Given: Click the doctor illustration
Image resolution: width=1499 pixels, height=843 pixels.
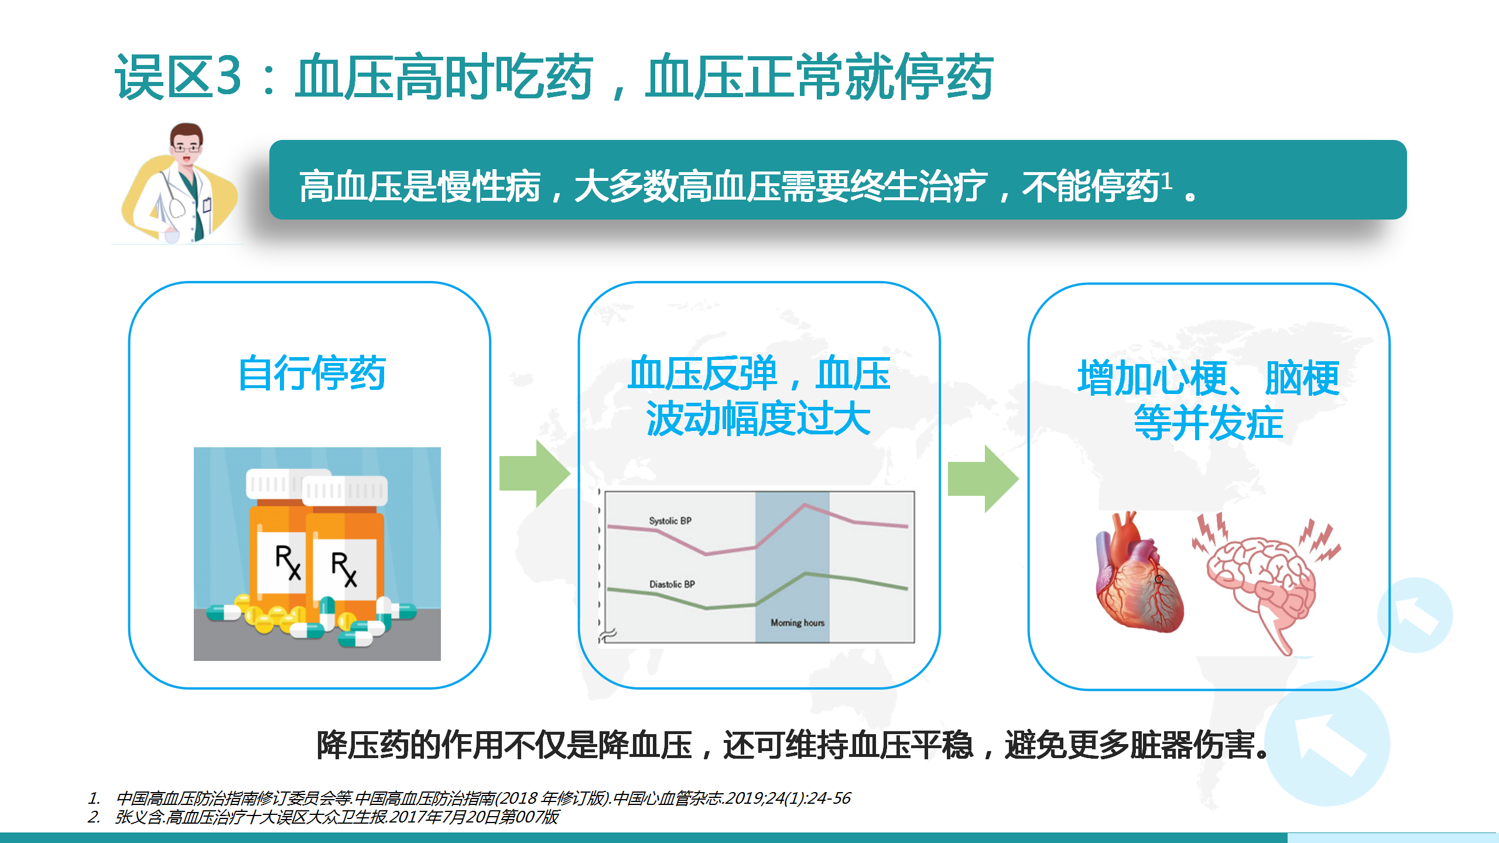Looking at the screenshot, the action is (x=180, y=183).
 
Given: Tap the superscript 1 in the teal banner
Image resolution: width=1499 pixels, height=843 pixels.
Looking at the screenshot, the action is (x=1166, y=181).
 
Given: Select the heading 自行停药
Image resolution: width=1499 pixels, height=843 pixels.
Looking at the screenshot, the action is (x=312, y=373).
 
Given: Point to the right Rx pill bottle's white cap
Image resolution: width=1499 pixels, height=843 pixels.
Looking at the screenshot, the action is (x=345, y=491).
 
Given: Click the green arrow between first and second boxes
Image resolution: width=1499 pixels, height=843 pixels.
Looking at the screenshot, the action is (x=535, y=474).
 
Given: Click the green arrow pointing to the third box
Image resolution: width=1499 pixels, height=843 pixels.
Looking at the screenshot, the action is (x=983, y=479).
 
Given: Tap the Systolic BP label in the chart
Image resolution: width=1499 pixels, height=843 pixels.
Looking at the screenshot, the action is (x=670, y=520).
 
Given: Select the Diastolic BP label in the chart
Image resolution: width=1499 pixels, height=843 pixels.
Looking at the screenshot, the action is (x=672, y=584).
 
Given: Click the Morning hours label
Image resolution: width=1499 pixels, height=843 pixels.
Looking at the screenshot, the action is (x=798, y=622).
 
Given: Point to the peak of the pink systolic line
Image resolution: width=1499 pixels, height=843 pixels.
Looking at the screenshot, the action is (x=805, y=504).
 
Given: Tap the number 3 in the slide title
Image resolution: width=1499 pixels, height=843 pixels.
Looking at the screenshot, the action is (x=228, y=76).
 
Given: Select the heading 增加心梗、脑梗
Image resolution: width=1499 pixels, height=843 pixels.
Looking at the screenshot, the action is (x=1209, y=378).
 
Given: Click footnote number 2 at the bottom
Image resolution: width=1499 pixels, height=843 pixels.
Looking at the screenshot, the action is (x=94, y=817).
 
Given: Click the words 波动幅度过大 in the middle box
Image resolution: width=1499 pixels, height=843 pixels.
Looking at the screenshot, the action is (x=758, y=419).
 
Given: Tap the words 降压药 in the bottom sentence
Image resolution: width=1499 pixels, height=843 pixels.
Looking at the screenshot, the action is (x=363, y=745).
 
